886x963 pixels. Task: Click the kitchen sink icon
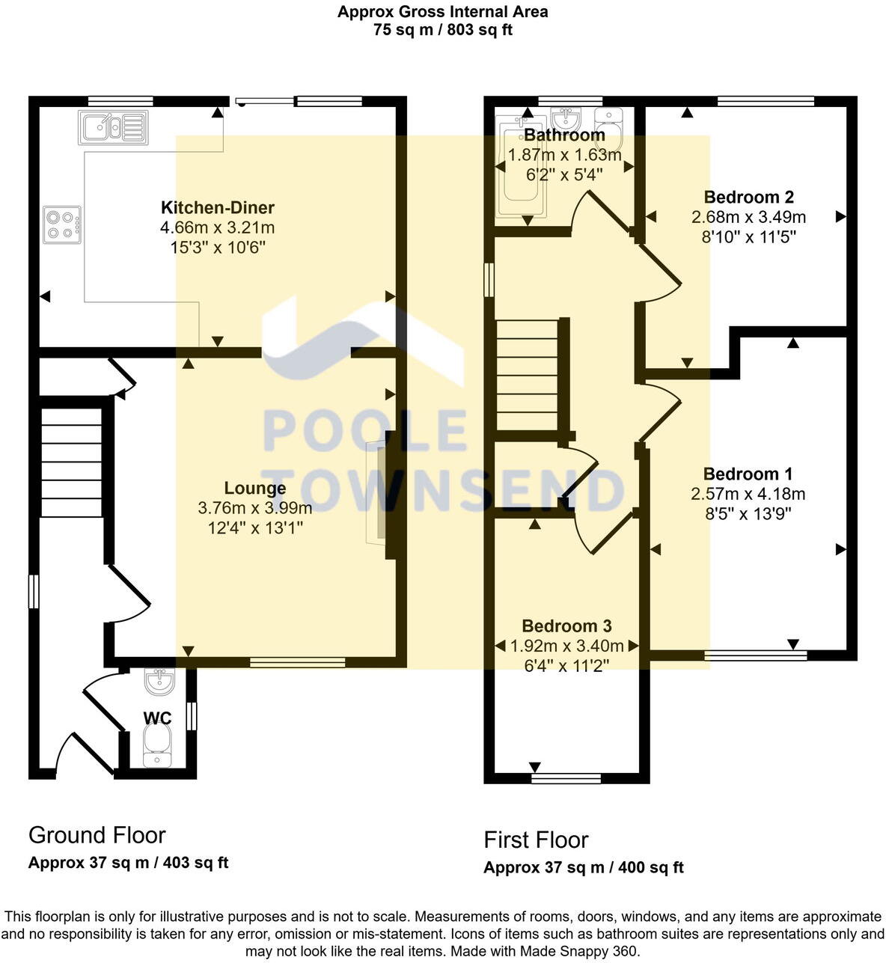tap(113, 128)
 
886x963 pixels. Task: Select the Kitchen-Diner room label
tap(218, 208)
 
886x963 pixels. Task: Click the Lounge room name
tap(255, 489)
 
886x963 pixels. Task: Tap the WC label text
tap(157, 718)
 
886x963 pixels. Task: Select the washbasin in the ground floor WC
tap(158, 681)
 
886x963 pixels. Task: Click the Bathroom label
tap(564, 135)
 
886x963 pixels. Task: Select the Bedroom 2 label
tap(748, 198)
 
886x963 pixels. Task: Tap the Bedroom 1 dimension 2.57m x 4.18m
tap(748, 494)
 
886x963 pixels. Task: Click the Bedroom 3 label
tap(566, 626)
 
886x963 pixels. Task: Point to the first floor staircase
tap(528, 374)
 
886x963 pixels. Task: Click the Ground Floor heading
tap(97, 835)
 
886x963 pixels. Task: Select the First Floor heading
tap(536, 840)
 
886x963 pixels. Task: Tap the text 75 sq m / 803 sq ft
tap(442, 31)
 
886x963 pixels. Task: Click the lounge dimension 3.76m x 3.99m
tap(255, 508)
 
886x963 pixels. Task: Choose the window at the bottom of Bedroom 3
tap(566, 779)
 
